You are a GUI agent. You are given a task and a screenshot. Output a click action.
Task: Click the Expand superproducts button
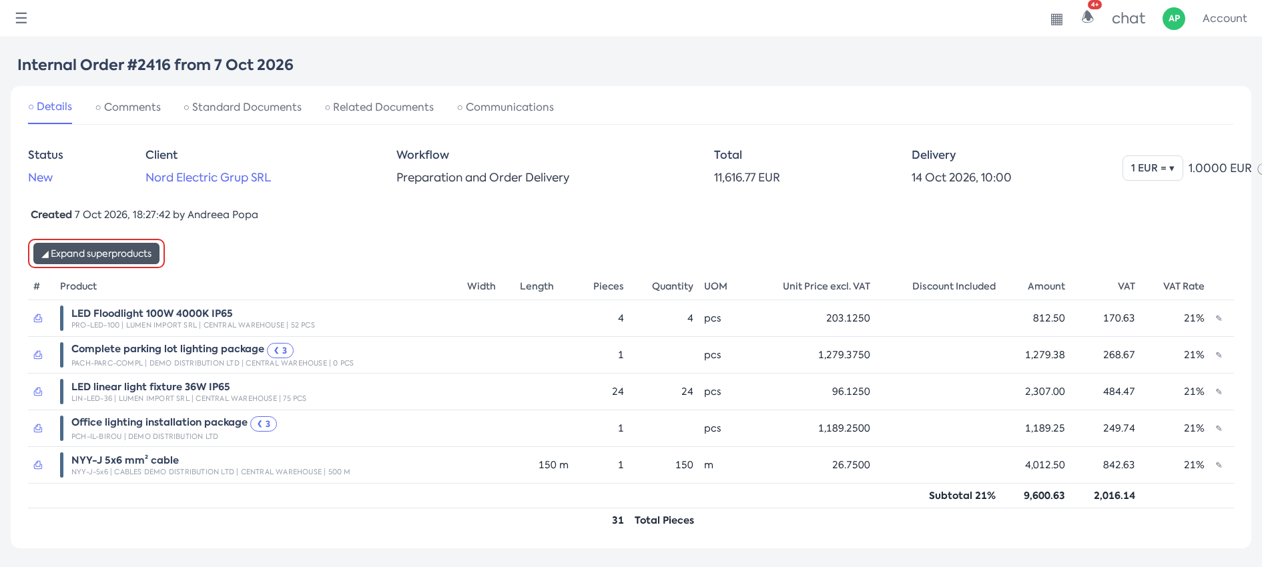coord(96,253)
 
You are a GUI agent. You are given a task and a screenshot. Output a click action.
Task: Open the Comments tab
coord(128,107)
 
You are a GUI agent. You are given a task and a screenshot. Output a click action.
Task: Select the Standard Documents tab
coord(242,107)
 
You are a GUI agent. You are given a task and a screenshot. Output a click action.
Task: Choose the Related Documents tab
coord(379,107)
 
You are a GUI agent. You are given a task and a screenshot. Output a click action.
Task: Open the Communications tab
coord(505,107)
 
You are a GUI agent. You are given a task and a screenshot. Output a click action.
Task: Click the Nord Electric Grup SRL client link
coord(208,177)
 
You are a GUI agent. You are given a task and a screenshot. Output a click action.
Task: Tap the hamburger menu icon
coord(21,18)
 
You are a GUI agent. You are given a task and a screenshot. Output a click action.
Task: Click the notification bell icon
coord(1088,17)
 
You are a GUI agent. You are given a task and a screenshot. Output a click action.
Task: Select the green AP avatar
coord(1174,19)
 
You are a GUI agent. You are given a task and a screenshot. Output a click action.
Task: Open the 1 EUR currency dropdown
coord(1153,168)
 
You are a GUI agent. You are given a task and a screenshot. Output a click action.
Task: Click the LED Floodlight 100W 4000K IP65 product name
coord(152,314)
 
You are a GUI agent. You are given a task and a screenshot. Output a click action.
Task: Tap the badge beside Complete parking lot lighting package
coord(280,350)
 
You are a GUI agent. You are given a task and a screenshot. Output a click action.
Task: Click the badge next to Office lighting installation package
coord(264,424)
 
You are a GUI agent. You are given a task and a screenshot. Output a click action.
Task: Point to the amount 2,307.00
coord(1045,392)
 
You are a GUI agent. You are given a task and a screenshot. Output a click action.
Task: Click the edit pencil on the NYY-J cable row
coord(1219,465)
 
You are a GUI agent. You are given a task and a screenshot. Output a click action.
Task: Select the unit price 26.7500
coord(851,465)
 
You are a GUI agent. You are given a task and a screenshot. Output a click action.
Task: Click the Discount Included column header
coord(954,286)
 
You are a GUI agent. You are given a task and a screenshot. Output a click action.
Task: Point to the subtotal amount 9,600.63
coord(1044,496)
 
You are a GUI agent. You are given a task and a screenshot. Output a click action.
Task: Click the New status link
coord(40,177)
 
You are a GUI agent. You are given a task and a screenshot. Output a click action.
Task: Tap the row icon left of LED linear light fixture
coord(38,392)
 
